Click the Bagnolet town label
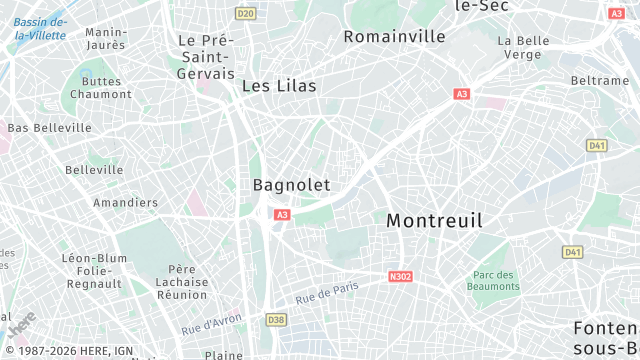click(x=291, y=185)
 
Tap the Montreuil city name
click(x=434, y=220)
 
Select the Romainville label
click(x=394, y=36)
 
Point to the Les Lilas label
click(x=279, y=86)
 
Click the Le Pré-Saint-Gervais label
click(x=206, y=57)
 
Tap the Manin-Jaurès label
click(x=106, y=39)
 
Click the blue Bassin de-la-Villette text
click(x=41, y=29)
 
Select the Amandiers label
click(x=125, y=202)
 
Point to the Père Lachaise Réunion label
click(x=182, y=281)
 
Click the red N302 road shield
click(x=399, y=275)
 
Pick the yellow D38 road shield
click(x=276, y=319)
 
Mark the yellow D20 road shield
click(x=245, y=13)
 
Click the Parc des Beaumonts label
click(x=494, y=281)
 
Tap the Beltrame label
click(x=599, y=80)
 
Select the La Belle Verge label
click(x=524, y=47)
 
